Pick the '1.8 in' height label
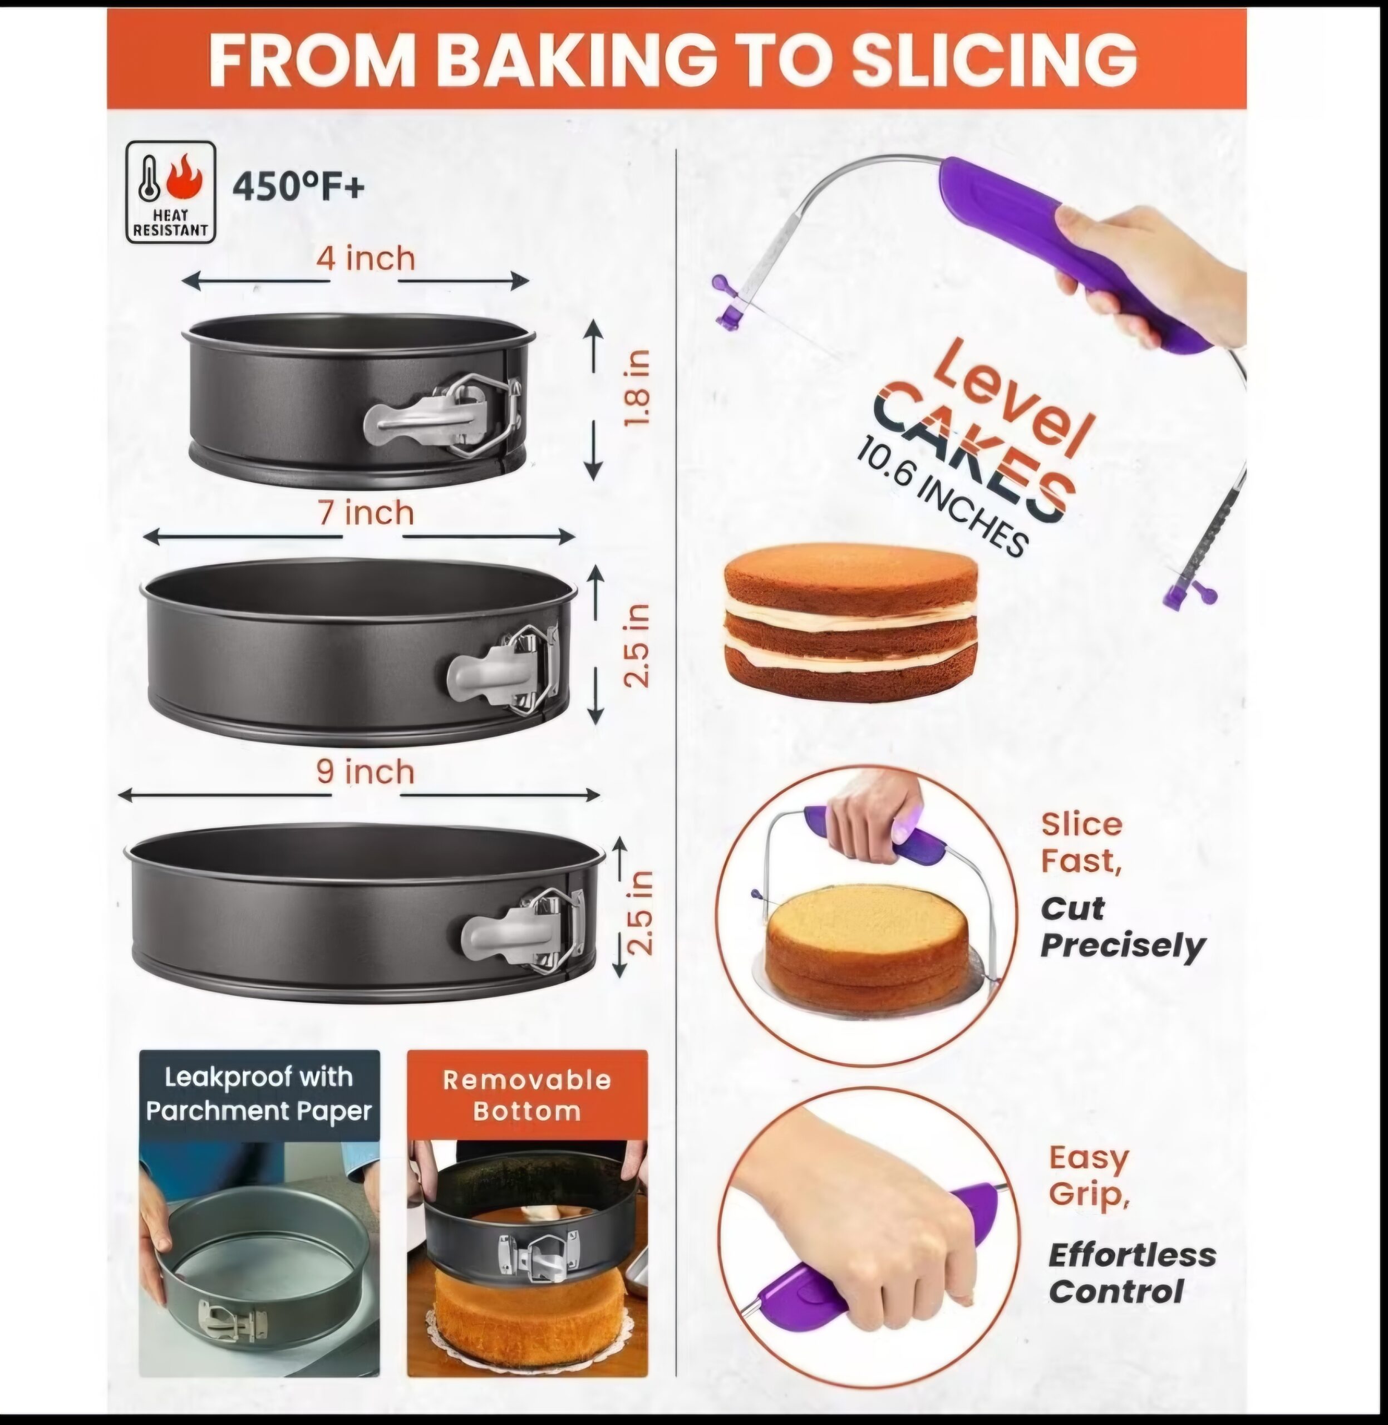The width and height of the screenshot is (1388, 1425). [x=637, y=388]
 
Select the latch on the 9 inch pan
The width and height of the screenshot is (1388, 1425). [x=523, y=929]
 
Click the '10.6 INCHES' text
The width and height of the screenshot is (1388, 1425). [x=942, y=496]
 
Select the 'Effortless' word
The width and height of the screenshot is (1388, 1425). [x=1132, y=1255]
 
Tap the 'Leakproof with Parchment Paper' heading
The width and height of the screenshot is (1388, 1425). [x=259, y=1093]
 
